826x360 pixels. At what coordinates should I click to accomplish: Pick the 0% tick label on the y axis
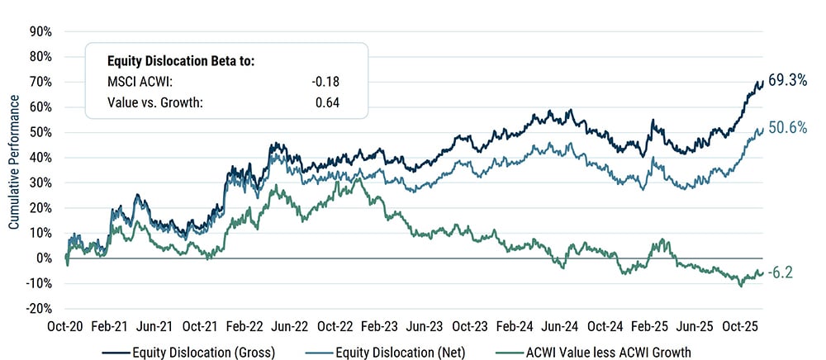(45, 258)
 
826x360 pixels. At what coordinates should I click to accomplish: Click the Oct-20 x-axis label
(66, 326)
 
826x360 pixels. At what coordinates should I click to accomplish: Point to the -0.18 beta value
(327, 81)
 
